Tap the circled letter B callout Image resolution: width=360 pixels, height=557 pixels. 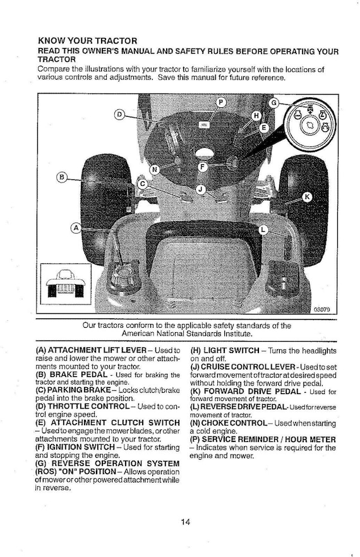click(x=62, y=177)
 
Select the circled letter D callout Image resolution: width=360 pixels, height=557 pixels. click(x=119, y=114)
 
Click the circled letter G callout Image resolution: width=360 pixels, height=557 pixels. click(x=273, y=103)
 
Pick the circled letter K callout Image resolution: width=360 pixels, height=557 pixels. click(x=308, y=198)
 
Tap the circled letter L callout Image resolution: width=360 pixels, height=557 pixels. click(x=263, y=230)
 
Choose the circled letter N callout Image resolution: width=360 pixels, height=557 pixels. click(x=155, y=169)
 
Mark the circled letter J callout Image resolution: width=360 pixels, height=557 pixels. click(x=200, y=189)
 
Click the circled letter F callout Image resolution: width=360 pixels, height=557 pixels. click(x=202, y=167)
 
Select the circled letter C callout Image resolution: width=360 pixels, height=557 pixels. click(x=143, y=184)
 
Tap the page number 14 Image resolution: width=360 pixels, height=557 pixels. click(x=185, y=522)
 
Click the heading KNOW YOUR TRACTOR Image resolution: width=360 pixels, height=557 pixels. click(x=87, y=40)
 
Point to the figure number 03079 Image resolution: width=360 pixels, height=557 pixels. click(x=322, y=309)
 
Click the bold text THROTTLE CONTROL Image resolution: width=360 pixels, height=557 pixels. click(x=88, y=406)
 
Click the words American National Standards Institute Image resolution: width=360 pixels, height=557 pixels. click(x=187, y=334)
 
